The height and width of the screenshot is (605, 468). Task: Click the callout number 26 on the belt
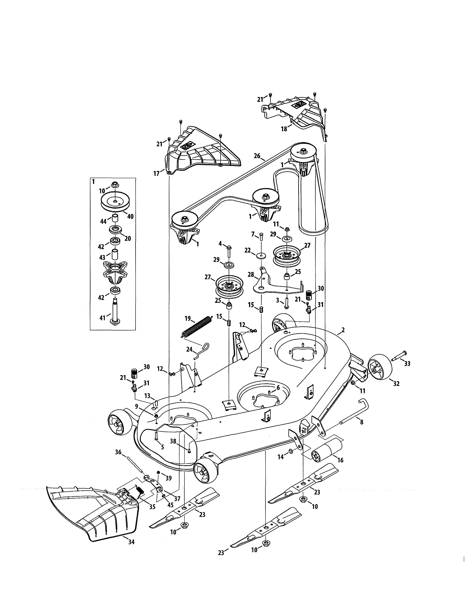(x=257, y=156)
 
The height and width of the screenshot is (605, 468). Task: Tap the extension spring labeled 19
(x=197, y=327)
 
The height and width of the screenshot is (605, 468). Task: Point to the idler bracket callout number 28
(x=251, y=274)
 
